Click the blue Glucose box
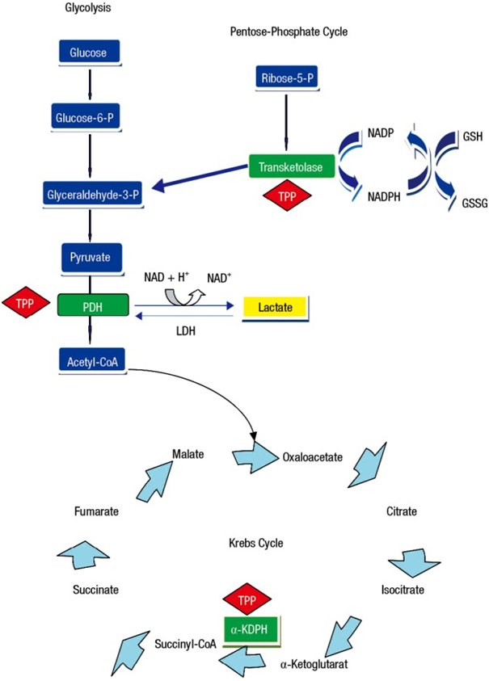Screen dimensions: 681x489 point(90,53)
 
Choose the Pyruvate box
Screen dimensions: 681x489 point(91,257)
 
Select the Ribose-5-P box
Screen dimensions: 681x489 point(286,78)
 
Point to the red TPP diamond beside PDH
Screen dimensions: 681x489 point(25,304)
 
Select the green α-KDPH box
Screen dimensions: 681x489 point(251,626)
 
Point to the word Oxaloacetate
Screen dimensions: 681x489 point(313,456)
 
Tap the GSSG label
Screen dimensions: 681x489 point(474,204)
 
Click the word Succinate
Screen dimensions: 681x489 point(96,590)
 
